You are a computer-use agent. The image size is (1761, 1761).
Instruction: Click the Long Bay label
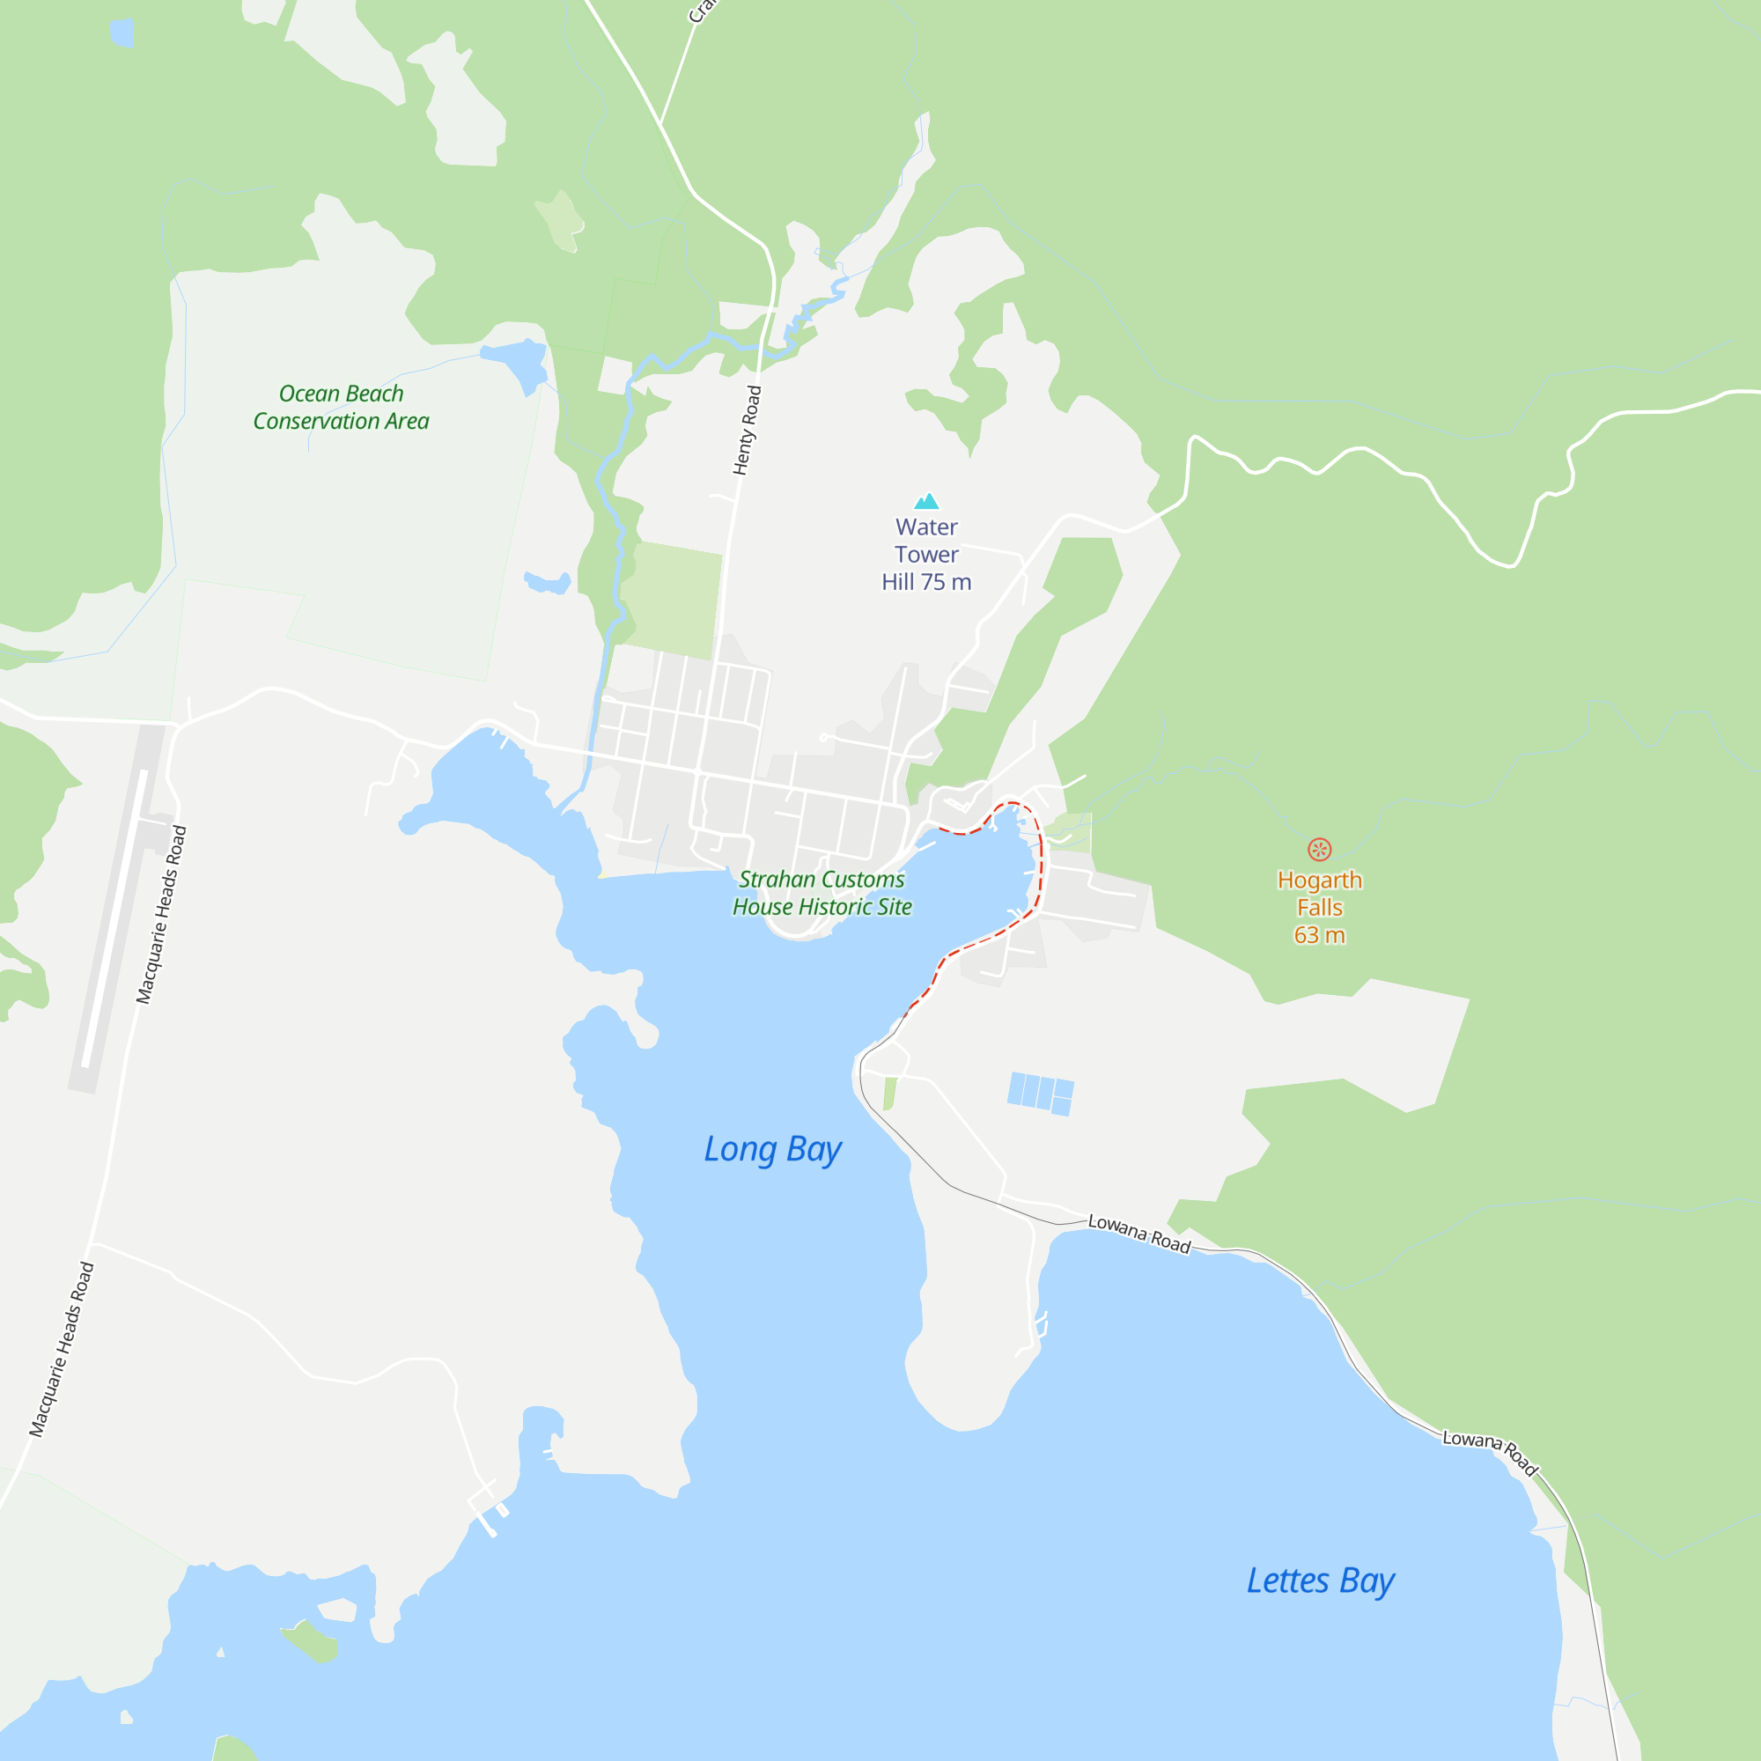(x=772, y=1149)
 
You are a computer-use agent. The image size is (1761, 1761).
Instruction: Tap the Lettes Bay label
(x=1320, y=1580)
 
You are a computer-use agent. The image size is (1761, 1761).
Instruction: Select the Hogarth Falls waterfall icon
(x=1319, y=850)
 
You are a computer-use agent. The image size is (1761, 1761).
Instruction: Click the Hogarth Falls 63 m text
(x=1319, y=908)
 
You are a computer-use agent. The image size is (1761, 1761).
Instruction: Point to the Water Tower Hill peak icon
(x=926, y=501)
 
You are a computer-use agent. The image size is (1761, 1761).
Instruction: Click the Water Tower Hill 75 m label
(x=926, y=554)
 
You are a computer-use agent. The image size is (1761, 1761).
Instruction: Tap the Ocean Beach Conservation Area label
(x=341, y=408)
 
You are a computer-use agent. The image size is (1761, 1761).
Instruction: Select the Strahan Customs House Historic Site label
(x=822, y=893)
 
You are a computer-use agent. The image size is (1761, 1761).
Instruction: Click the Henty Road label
(x=747, y=431)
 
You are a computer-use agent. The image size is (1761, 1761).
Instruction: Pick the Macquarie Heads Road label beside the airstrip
(x=161, y=914)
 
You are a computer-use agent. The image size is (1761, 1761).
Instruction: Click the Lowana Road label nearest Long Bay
(x=1139, y=1234)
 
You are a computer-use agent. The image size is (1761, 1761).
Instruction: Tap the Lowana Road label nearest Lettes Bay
(x=1491, y=1450)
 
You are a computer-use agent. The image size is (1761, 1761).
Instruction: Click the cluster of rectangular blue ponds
(x=1040, y=1093)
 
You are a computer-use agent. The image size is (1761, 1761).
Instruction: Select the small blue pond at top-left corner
(x=122, y=33)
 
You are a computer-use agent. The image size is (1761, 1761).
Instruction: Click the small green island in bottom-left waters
(x=311, y=1641)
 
